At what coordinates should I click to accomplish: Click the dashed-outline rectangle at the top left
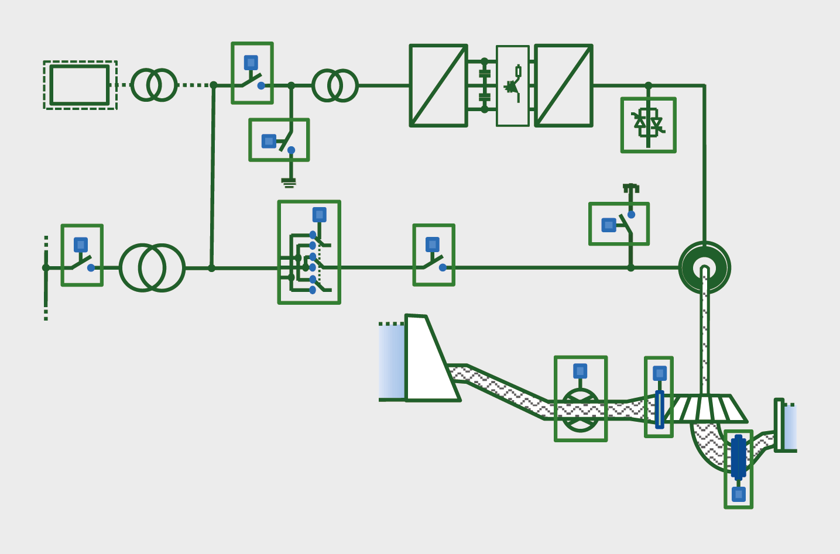click(80, 85)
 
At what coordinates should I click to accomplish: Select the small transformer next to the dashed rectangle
click(153, 85)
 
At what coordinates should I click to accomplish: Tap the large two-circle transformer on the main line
click(152, 268)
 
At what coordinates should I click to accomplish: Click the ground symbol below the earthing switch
click(289, 183)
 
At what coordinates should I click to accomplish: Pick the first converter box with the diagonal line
click(438, 85)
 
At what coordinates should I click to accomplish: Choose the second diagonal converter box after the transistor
click(563, 85)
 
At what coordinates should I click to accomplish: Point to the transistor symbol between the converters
click(513, 85)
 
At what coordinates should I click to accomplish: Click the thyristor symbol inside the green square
click(648, 124)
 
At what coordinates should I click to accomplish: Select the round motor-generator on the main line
click(704, 268)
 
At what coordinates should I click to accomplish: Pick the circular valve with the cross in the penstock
click(580, 410)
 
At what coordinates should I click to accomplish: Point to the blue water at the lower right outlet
click(790, 427)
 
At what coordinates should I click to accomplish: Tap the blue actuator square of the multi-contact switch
click(319, 215)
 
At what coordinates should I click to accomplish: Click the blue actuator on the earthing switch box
click(269, 141)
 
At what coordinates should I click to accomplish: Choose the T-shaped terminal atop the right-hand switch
click(630, 188)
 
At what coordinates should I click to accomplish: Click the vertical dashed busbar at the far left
click(46, 278)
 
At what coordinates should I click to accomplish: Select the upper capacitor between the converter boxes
click(484, 73)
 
